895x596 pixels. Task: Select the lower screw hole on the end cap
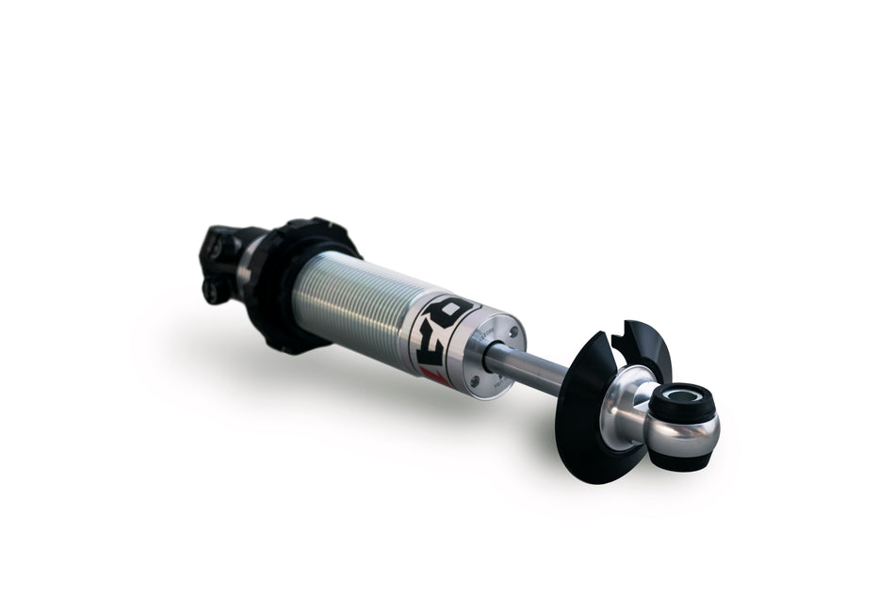pyautogui.click(x=476, y=381)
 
